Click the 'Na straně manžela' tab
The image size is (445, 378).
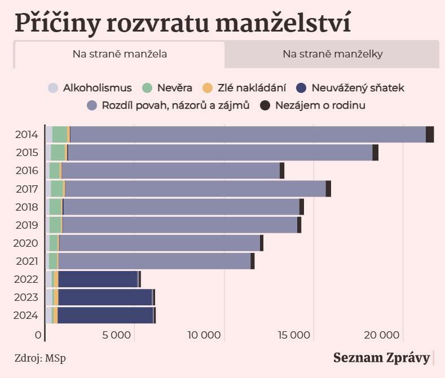coord(119,55)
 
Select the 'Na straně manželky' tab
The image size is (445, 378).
coord(333,55)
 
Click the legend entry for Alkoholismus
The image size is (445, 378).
coord(90,88)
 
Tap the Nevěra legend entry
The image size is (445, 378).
coord(168,88)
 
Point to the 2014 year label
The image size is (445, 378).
coord(27,135)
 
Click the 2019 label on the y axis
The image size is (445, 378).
coord(27,225)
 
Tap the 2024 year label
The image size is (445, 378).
coord(27,315)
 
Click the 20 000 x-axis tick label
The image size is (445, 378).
coord(382,336)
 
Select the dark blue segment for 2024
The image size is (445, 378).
coord(105,315)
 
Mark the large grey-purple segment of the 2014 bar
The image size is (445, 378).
coord(248,135)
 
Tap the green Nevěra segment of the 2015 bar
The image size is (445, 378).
coord(58,153)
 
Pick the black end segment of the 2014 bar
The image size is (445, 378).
coord(430,135)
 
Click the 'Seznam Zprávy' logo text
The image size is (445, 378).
coord(381,358)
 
